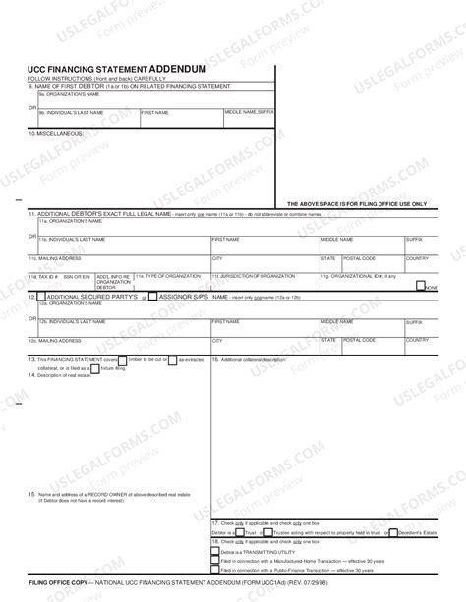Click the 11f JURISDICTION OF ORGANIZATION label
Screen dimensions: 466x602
[252, 277]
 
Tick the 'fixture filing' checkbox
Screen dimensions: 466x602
[109, 368]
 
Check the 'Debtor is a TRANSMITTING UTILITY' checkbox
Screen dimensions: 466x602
[215, 553]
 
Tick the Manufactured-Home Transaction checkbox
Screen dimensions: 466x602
[215, 562]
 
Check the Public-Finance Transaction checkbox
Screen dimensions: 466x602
[215, 571]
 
